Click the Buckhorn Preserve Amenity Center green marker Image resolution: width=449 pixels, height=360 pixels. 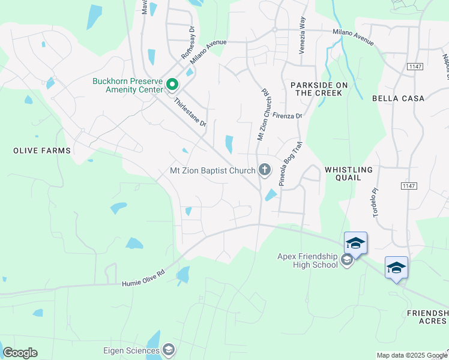[172, 85]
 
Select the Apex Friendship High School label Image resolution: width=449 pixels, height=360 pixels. [307, 260]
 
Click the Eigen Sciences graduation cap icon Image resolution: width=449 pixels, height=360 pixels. [169, 350]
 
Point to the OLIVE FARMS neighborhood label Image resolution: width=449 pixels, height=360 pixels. [42, 151]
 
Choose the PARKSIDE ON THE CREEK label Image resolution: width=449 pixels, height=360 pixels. [316, 89]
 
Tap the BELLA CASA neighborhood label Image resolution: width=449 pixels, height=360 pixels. [398, 98]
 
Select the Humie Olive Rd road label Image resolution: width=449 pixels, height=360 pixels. [143, 278]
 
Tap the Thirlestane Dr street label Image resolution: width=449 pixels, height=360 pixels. [190, 113]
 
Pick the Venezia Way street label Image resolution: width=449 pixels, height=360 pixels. [303, 37]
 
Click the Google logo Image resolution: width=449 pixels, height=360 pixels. [20, 353]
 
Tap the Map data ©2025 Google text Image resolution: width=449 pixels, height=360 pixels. [412, 355]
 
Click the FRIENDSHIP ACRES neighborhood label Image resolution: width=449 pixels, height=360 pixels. [427, 317]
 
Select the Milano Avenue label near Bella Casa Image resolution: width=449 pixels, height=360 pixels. [354, 38]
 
